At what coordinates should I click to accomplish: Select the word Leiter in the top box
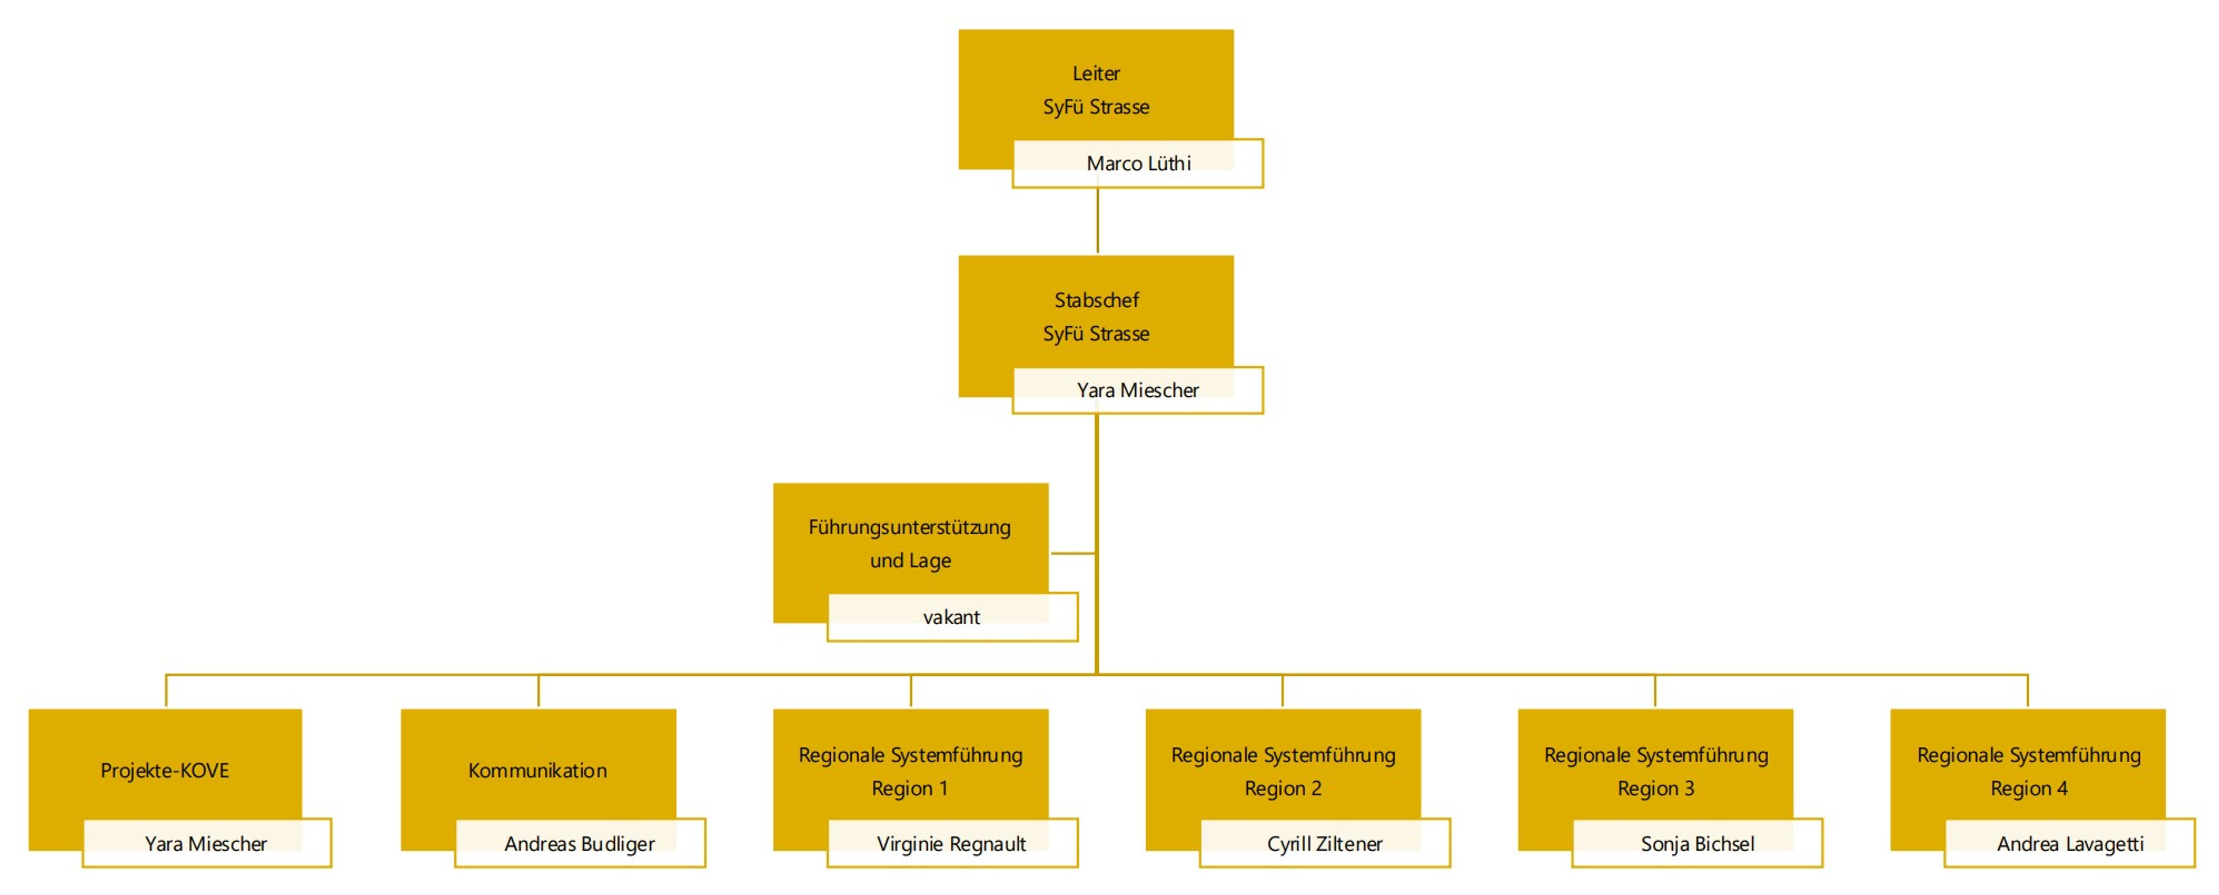tap(1096, 73)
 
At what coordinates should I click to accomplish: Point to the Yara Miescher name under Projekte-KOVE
tap(206, 843)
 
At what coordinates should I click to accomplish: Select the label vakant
tap(951, 617)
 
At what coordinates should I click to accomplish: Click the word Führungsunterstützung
tap(910, 527)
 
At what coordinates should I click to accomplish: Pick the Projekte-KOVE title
tap(164, 770)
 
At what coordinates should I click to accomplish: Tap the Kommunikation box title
tap(537, 770)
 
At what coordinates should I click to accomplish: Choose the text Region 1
tap(910, 788)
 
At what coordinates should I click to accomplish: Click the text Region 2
tap(1282, 788)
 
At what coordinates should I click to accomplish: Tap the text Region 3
tap(1656, 788)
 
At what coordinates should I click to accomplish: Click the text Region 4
tap(2029, 788)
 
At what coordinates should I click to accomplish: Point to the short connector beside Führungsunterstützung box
tap(1073, 553)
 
